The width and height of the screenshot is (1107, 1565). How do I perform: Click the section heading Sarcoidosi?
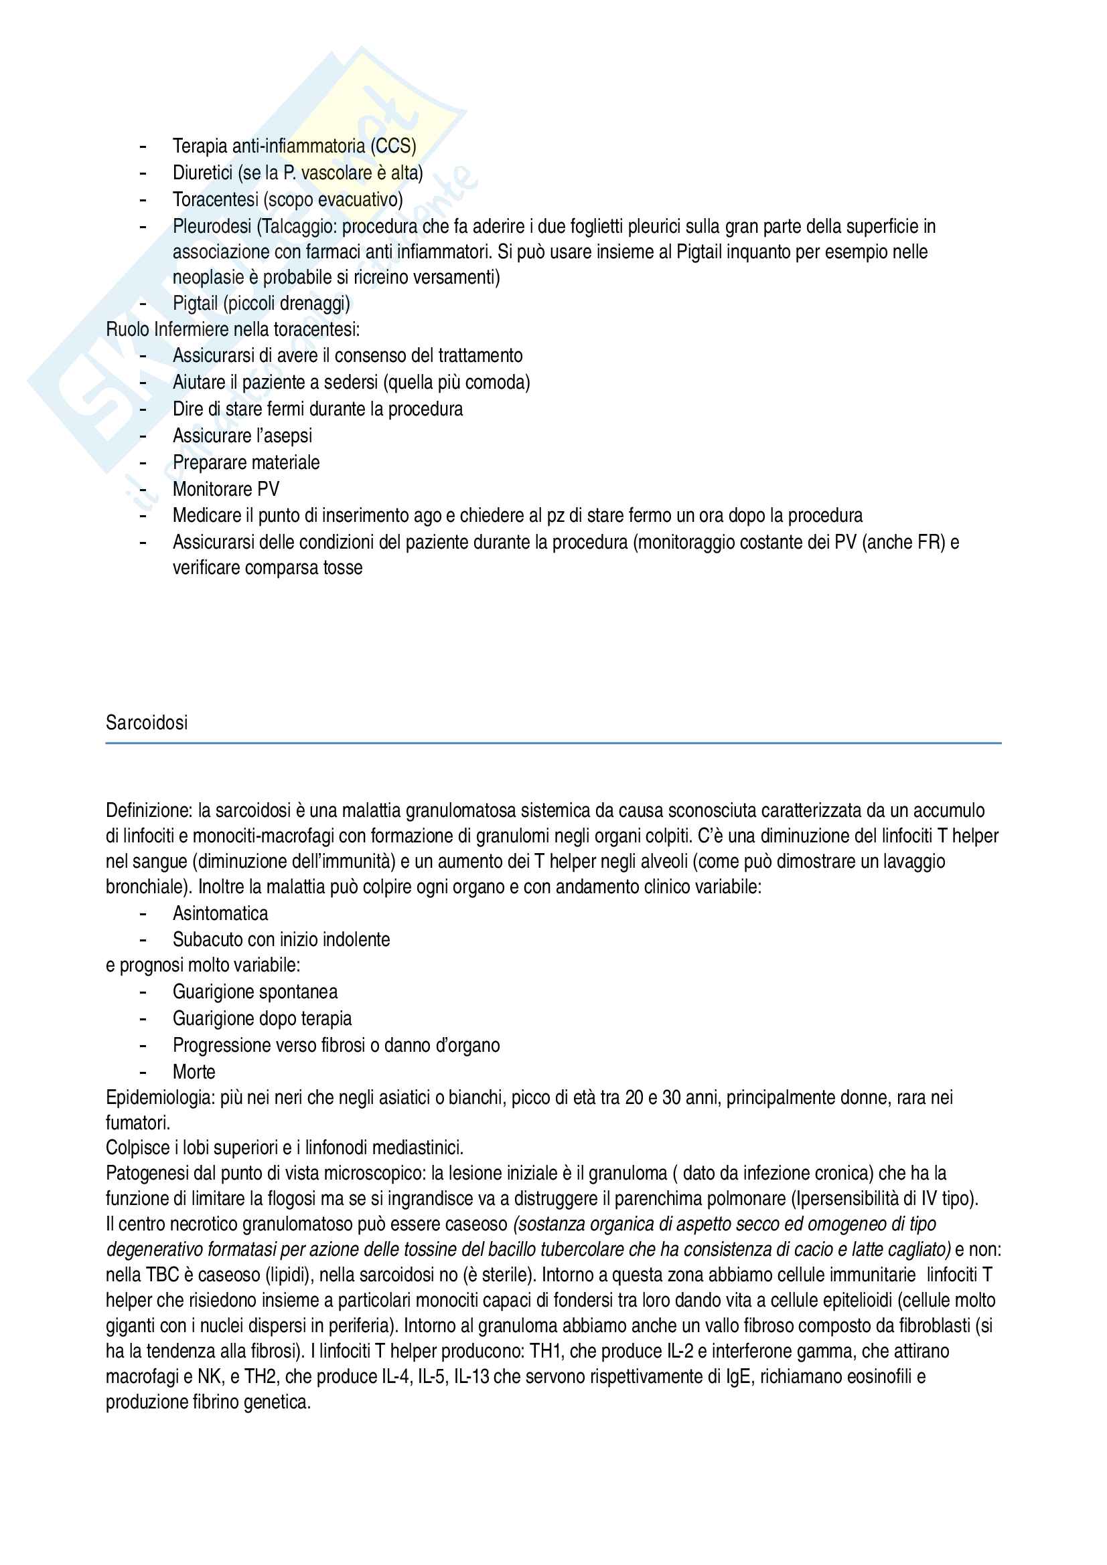pyautogui.click(x=147, y=723)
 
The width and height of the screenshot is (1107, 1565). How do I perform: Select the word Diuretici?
pyautogui.click(x=202, y=173)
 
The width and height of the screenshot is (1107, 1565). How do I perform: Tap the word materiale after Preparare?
pyautogui.click(x=287, y=463)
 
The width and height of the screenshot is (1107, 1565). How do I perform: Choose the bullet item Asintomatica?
pyautogui.click(x=220, y=913)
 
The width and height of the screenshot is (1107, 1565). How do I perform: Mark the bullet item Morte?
pyautogui.click(x=194, y=1072)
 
